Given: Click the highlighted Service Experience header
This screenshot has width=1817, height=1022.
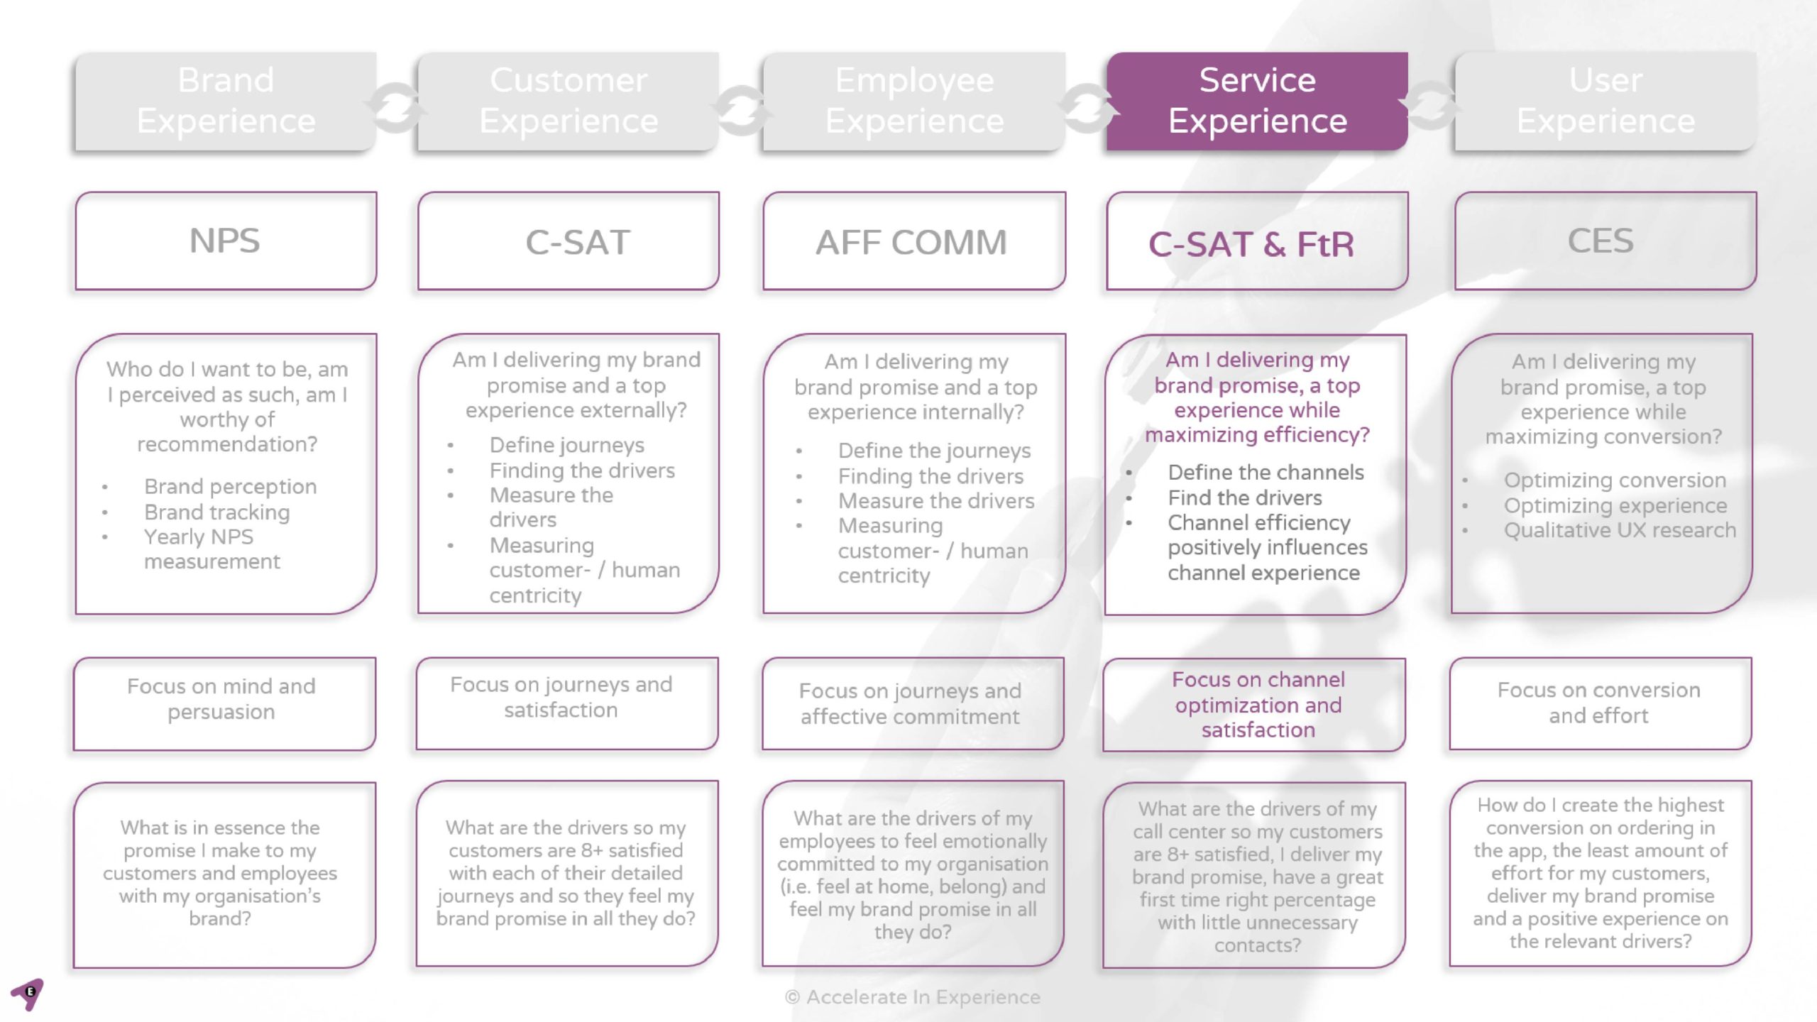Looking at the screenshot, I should (x=1257, y=101).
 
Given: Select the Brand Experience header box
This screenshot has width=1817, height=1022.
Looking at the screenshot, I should (x=226, y=101).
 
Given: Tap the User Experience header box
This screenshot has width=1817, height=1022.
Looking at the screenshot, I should (x=1605, y=101).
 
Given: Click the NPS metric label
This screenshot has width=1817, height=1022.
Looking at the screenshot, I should (x=224, y=241).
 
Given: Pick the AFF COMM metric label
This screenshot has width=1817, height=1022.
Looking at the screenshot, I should (x=911, y=243).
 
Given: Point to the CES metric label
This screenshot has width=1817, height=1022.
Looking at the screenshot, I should (x=1601, y=241).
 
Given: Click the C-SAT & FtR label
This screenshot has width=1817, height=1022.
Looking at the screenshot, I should (x=1251, y=245).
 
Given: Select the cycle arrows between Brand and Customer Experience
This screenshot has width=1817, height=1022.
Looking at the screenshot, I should (x=395, y=108).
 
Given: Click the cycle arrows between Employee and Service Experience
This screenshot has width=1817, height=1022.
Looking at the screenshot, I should (x=1086, y=108).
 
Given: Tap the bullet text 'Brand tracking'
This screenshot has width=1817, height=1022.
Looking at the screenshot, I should (x=216, y=512).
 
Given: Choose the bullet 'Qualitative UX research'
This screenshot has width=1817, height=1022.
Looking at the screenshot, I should (x=1620, y=530).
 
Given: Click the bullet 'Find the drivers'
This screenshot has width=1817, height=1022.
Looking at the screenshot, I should (x=1245, y=498).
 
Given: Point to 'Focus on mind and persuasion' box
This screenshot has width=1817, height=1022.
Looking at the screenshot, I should (x=221, y=699).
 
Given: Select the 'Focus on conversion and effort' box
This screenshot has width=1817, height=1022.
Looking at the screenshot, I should (x=1599, y=703).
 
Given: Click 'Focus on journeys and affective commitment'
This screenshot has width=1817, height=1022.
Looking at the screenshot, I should (x=910, y=703).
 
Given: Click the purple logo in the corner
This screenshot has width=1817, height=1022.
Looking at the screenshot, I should (x=27, y=994).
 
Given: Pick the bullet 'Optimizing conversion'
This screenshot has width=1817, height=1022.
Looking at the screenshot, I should (x=1615, y=480).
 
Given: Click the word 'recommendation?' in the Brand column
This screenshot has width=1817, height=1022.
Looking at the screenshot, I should (x=227, y=444).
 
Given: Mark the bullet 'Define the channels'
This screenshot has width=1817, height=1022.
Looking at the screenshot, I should (x=1266, y=472).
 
